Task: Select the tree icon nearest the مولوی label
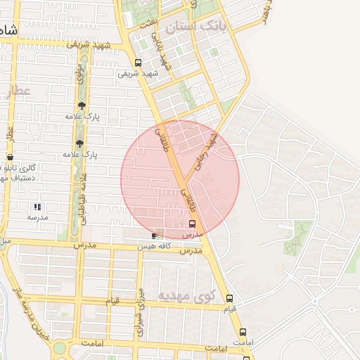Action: point(82,105)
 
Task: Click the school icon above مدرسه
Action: point(37,207)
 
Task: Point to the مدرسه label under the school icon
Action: point(37,218)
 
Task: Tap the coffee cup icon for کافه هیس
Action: point(155,236)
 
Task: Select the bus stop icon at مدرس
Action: point(192,223)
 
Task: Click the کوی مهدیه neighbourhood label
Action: point(185,296)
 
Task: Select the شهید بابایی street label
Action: point(161,52)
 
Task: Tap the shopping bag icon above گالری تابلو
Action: point(9,157)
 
